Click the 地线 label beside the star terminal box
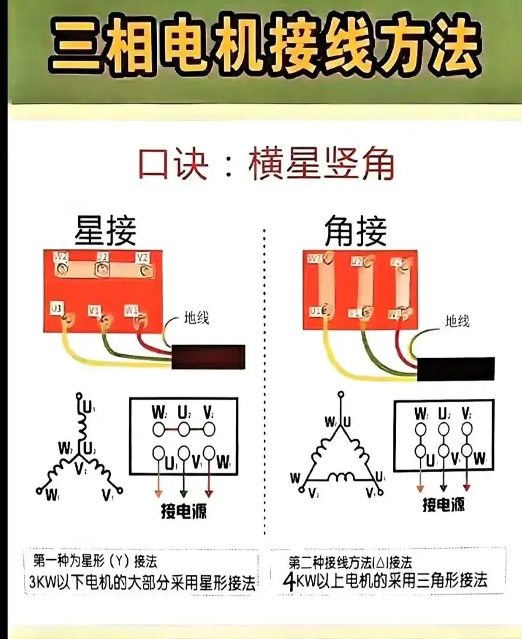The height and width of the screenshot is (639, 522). click(x=196, y=319)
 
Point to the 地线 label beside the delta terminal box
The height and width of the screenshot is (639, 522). click(x=457, y=321)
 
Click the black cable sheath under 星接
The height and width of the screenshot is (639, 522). click(x=209, y=356)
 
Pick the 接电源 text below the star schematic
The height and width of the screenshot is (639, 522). click(x=184, y=511)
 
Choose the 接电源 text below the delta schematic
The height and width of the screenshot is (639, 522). click(x=444, y=504)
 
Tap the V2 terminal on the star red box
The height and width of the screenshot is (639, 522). click(x=144, y=268)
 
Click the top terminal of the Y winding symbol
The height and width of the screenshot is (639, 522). click(x=78, y=398)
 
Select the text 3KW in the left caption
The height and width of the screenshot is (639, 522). click(x=42, y=584)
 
